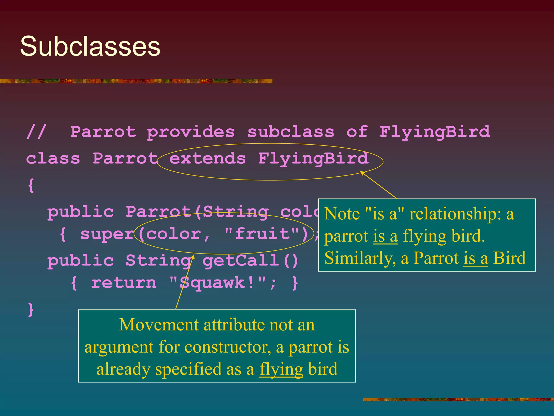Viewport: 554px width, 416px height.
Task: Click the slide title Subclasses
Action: pos(90,46)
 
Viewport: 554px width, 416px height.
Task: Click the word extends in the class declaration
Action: pos(207,158)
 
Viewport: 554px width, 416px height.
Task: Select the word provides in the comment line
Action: pos(190,132)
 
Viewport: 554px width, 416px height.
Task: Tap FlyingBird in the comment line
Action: pos(434,132)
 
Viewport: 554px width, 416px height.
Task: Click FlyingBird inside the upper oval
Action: pos(313,158)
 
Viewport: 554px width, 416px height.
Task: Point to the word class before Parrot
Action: pos(53,158)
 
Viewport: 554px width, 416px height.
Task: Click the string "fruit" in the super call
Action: pos(262,234)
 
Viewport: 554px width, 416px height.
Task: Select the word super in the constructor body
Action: pos(107,234)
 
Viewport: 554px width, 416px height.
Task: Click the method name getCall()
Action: pos(250,261)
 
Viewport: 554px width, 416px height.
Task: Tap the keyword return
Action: pos(124,283)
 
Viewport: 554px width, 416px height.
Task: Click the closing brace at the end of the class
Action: pos(31,310)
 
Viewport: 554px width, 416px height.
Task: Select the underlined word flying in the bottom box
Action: pos(281,369)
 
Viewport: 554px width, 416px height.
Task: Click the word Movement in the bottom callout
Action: pos(159,325)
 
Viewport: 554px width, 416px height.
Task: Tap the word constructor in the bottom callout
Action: pos(227,347)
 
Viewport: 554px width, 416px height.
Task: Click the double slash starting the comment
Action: pos(36,132)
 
